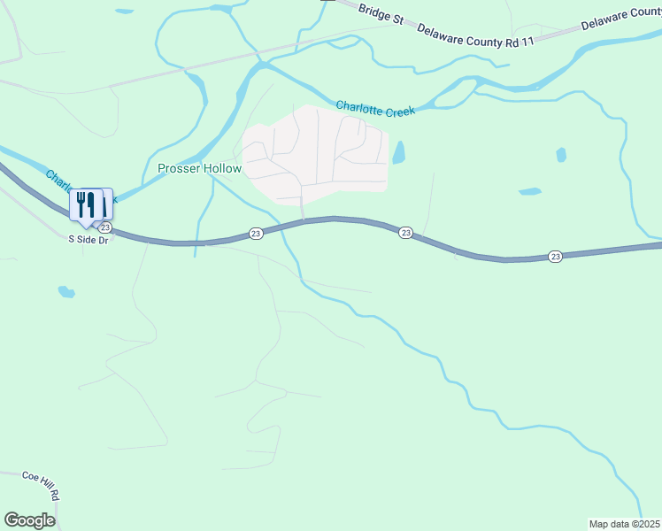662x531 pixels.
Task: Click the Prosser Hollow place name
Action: click(199, 168)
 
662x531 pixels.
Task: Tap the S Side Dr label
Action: click(88, 240)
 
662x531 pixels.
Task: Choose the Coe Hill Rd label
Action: click(42, 484)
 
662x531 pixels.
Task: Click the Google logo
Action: click(29, 520)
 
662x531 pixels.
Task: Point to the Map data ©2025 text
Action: click(624, 524)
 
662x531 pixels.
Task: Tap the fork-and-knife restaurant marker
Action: click(86, 204)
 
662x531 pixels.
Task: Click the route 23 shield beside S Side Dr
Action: click(104, 227)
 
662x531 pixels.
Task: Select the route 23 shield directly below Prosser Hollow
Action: click(256, 233)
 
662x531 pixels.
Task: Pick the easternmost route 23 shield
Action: click(555, 257)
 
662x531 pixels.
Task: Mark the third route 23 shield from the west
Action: click(405, 232)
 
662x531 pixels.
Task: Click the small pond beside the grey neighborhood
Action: click(399, 152)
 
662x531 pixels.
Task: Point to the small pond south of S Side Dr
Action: click(65, 291)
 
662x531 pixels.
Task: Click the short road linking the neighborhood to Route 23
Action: click(303, 206)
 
